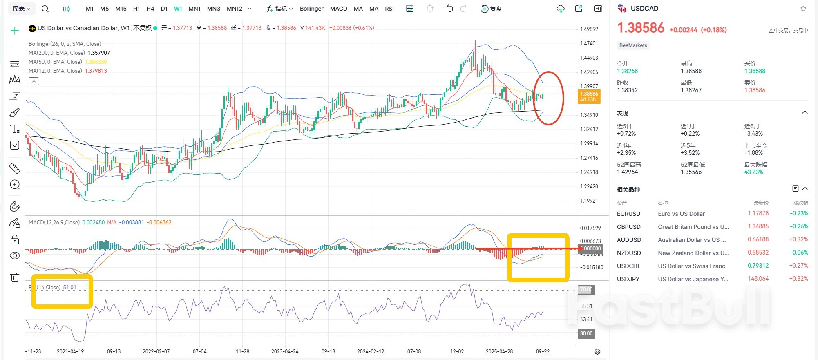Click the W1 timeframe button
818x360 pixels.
(x=178, y=9)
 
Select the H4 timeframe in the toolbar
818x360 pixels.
(x=150, y=9)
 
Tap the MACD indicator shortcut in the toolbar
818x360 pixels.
(x=338, y=9)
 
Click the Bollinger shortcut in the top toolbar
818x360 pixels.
(x=311, y=9)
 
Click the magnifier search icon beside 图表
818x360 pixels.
(x=45, y=9)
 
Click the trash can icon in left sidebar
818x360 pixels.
(x=15, y=277)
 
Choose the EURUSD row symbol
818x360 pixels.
(x=628, y=214)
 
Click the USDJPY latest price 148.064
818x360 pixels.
(x=758, y=279)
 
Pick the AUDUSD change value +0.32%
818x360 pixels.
(x=798, y=239)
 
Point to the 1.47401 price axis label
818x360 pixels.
(x=589, y=43)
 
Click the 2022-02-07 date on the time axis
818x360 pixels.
(x=156, y=351)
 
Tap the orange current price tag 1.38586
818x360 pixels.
(x=589, y=96)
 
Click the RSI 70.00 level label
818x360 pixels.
(x=586, y=290)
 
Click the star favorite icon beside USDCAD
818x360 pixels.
(x=803, y=9)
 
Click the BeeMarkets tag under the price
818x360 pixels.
(x=633, y=45)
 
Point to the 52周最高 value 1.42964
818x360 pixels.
(x=627, y=172)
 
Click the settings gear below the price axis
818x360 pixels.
(x=597, y=352)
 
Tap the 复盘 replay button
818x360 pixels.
(x=492, y=9)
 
